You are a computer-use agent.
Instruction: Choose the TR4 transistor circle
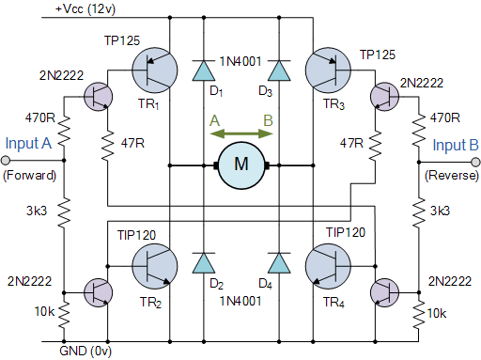coord(330,266)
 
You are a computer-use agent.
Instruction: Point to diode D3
coord(277,70)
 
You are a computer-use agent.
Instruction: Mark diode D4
coord(277,263)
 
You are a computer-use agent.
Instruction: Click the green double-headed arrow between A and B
coord(241,134)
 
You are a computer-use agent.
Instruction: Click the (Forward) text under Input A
coord(30,176)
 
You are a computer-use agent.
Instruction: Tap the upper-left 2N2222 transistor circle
coord(97,95)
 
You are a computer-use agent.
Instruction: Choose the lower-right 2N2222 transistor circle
coord(384,292)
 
